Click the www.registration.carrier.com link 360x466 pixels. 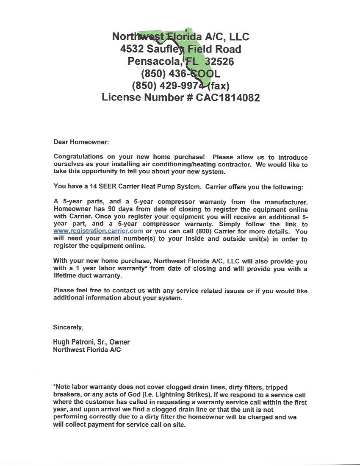coord(98,231)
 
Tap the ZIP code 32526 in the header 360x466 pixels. coord(219,61)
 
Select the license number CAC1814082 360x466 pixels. coord(227,97)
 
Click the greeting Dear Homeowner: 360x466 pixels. coord(81,142)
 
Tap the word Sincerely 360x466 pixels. coord(68,327)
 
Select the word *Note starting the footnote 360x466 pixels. coord(62,387)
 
